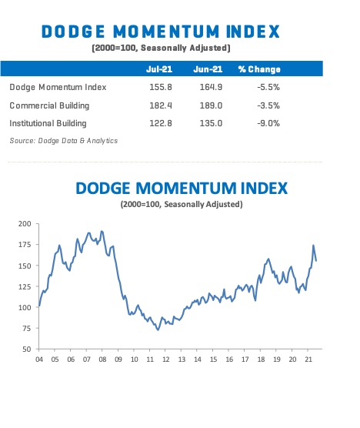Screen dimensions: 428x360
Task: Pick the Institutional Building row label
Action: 48,122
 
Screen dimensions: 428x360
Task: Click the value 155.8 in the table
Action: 158,88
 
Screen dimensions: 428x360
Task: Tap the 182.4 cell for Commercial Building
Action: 158,105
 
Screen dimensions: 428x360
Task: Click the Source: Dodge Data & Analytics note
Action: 52,140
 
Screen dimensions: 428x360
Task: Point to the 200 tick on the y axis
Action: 25,224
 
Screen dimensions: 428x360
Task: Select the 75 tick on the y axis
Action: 27,329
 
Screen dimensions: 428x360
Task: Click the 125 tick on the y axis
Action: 25,286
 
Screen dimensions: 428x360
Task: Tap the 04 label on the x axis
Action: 38,359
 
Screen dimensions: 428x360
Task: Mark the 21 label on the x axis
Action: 308,359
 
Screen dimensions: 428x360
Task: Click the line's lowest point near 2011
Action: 158,329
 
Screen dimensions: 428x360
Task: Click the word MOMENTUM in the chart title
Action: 180,189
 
